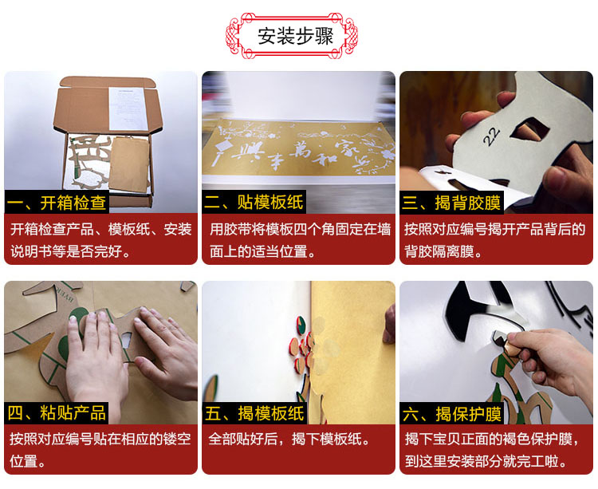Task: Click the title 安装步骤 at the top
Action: pyautogui.click(x=296, y=36)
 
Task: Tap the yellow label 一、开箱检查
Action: pyautogui.click(x=57, y=202)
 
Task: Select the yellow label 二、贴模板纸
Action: pyautogui.click(x=254, y=202)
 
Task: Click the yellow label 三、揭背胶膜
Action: pyautogui.click(x=451, y=202)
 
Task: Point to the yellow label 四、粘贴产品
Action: pyautogui.click(x=57, y=412)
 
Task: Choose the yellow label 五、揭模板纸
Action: pyautogui.click(x=254, y=413)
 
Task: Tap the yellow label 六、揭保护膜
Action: pyautogui.click(x=452, y=414)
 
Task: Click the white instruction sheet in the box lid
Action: pyautogui.click(x=128, y=108)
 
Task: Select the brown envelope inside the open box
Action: pyautogui.click(x=129, y=164)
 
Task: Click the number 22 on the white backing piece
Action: pyautogui.click(x=491, y=136)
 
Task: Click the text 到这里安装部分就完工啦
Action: pyautogui.click(x=486, y=461)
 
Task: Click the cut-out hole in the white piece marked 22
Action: pyautogui.click(x=529, y=128)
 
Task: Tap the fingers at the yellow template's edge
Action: pyautogui.click(x=389, y=323)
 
